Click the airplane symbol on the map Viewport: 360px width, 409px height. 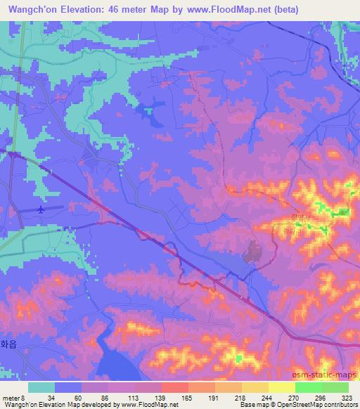(41, 209)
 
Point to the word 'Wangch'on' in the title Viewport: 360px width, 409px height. (32, 10)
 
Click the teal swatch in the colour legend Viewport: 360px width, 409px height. (41, 387)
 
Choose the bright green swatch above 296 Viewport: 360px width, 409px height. (308, 387)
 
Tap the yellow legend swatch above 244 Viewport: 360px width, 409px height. (255, 387)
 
